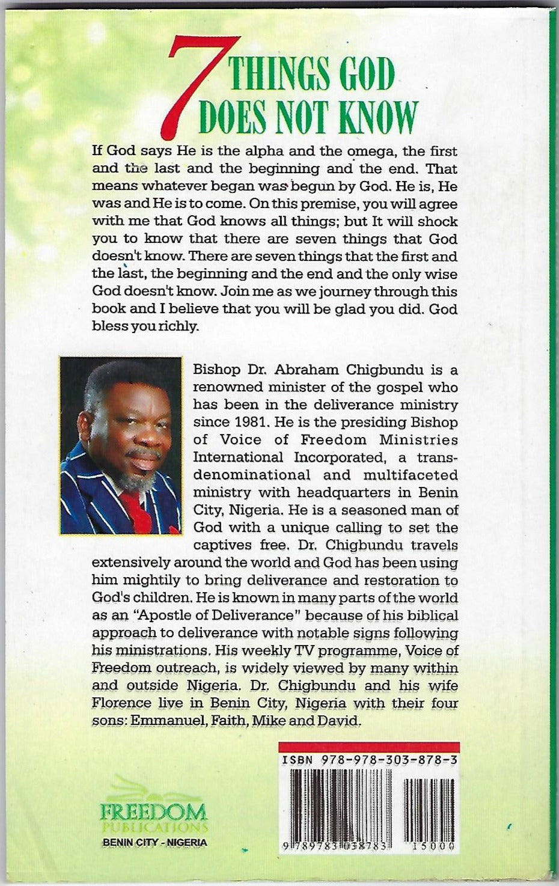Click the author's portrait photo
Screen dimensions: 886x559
coord(121,445)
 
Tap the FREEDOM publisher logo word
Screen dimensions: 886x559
coord(154,812)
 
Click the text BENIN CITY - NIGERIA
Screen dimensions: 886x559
coord(155,842)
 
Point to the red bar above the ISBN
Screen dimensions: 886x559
coord(369,747)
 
